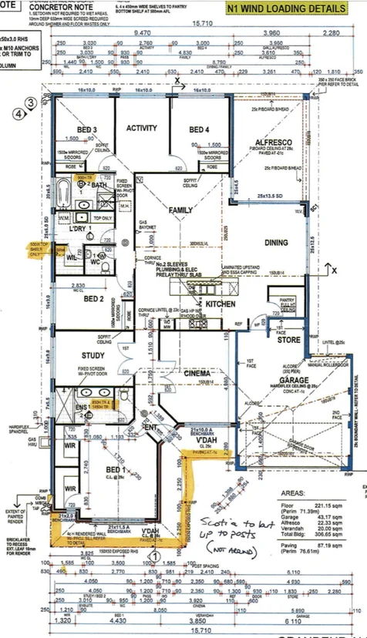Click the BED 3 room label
86,129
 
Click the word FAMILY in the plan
180,210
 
